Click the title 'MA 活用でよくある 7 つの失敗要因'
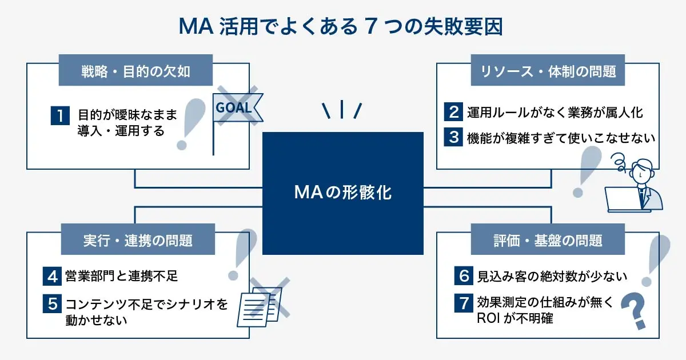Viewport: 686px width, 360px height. (x=342, y=26)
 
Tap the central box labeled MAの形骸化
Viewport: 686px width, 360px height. (x=342, y=193)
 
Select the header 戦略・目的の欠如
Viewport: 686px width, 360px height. (x=135, y=72)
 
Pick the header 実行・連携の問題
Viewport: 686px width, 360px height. (x=135, y=240)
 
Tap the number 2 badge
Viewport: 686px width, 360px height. (x=453, y=111)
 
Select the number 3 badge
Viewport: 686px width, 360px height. (x=453, y=137)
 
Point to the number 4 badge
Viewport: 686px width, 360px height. (x=53, y=277)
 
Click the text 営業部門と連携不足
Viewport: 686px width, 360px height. (x=122, y=277)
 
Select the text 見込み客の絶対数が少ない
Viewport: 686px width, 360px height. (x=552, y=277)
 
